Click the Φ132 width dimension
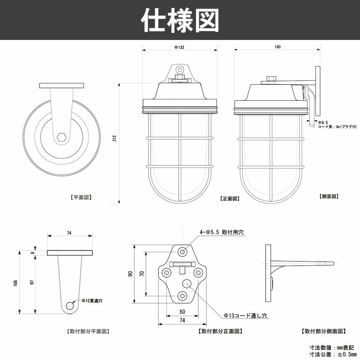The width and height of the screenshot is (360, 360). [x=179, y=47]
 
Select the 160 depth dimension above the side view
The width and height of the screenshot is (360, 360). [x=277, y=47]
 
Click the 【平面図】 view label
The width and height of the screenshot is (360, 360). [x=81, y=197]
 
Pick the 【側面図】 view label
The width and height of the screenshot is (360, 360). [x=329, y=197]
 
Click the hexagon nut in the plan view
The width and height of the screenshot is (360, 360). [x=62, y=138]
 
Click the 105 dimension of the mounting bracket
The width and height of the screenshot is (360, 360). [x=15, y=283]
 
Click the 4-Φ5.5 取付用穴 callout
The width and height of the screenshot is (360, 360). [x=222, y=233]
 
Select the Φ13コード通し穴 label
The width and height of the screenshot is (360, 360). [x=245, y=315]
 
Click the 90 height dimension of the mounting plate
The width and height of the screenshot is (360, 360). [x=130, y=274]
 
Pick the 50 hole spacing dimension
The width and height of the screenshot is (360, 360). [x=182, y=311]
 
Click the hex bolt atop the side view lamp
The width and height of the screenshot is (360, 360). [x=271, y=78]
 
